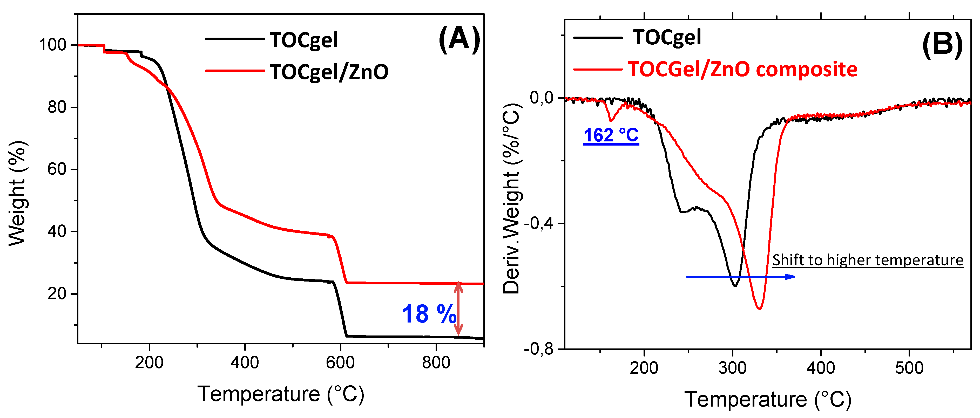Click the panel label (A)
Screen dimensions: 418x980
(x=459, y=39)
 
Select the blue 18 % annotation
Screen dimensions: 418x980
(x=429, y=314)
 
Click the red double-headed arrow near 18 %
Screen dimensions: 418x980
(x=458, y=309)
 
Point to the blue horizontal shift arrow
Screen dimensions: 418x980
(x=740, y=277)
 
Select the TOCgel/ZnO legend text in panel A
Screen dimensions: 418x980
(x=329, y=72)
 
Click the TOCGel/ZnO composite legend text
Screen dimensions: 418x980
(x=742, y=69)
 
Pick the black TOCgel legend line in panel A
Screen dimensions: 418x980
(x=235, y=39)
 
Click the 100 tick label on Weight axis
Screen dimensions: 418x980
(x=52, y=45)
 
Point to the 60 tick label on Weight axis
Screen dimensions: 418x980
(x=57, y=169)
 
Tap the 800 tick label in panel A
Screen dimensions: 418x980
(x=436, y=362)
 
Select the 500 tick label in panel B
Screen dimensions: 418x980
(x=909, y=368)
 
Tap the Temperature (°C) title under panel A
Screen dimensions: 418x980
(x=281, y=394)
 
